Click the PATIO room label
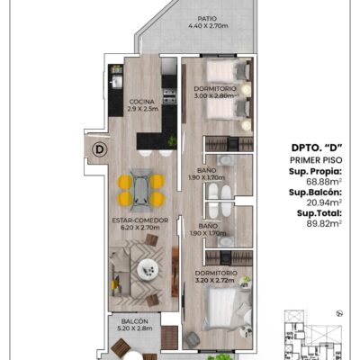click(207, 19)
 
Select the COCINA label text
click(142, 102)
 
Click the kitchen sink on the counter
click(116, 81)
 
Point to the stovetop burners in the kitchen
click(169, 95)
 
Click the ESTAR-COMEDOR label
click(140, 220)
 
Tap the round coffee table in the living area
click(148, 268)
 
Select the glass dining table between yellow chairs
click(140, 190)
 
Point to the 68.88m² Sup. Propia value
click(324, 182)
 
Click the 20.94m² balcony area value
click(324, 202)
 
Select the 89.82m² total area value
click(324, 224)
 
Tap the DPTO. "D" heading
click(317, 148)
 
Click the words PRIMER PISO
click(316, 160)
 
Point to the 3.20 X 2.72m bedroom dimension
click(214, 281)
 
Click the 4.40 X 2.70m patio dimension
click(208, 26)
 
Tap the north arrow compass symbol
click(340, 313)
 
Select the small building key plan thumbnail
click(314, 335)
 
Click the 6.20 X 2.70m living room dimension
click(140, 228)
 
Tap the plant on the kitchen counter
click(172, 140)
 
